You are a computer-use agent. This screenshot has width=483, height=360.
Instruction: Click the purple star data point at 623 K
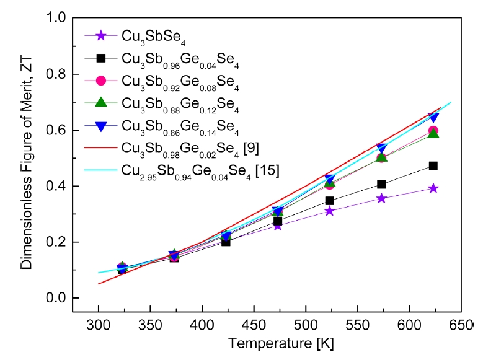point(433,188)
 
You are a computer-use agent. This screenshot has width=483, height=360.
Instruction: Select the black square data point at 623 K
point(433,165)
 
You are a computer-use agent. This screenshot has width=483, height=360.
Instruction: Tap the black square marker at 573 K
point(381,184)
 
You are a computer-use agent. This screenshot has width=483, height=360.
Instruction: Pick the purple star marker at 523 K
point(329,211)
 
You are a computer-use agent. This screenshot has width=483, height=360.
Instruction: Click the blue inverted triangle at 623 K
point(433,118)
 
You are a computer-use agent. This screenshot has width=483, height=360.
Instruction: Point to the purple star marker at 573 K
point(381,198)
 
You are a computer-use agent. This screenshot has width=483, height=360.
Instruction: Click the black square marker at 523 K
point(329,201)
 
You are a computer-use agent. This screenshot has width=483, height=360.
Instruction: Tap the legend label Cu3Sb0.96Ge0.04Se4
point(180,59)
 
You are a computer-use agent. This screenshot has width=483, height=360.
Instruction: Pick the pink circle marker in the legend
point(102,81)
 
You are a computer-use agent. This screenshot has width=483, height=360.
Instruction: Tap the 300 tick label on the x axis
point(99,326)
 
